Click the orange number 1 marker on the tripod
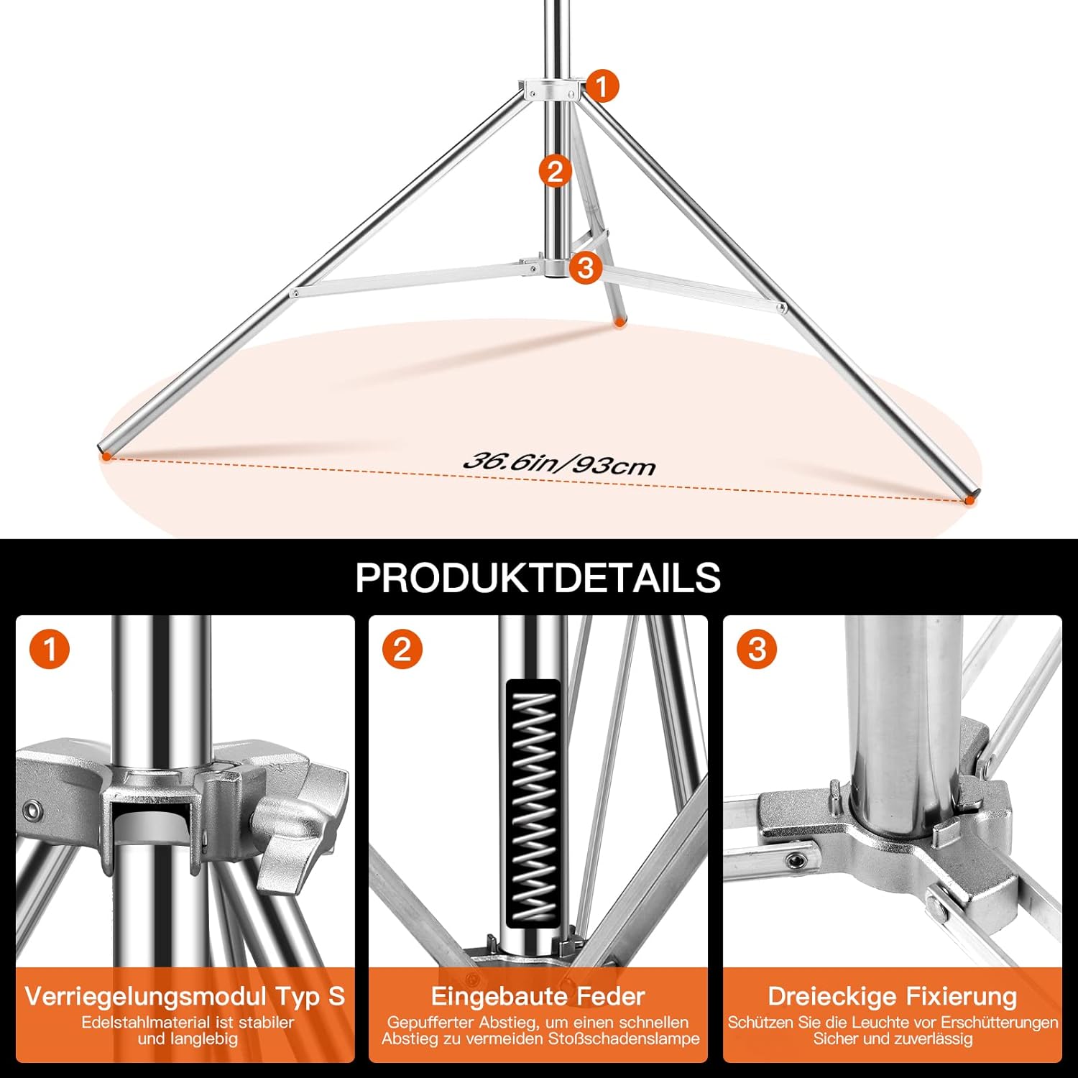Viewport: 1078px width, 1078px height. coord(602,86)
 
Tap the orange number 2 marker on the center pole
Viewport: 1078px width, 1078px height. coord(555,171)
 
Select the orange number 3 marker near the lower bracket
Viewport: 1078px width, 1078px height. coord(586,267)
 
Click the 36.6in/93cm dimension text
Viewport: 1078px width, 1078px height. coord(559,464)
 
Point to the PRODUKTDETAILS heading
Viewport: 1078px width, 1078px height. coord(538,577)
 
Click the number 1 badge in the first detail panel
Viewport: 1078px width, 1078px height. coord(50,650)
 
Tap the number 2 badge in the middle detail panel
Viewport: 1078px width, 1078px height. coord(402,650)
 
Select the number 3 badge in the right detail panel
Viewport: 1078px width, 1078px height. coord(757,650)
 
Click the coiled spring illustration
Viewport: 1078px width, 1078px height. coord(533,803)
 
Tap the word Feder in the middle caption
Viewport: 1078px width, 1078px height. coord(612,996)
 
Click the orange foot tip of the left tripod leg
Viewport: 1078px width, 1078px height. coord(106,454)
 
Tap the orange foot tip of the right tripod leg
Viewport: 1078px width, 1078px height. coord(970,497)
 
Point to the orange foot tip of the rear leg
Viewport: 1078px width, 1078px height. coord(619,323)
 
